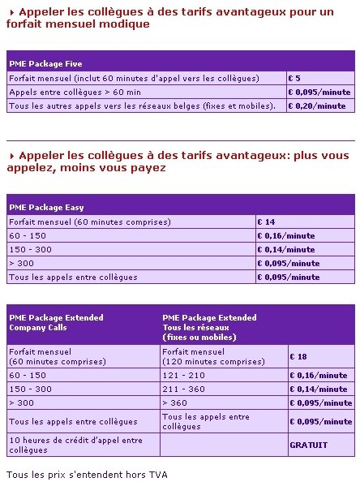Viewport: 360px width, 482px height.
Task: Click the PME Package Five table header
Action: pyautogui.click(x=45, y=63)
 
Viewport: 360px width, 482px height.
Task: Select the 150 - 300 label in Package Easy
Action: pyautogui.click(x=30, y=250)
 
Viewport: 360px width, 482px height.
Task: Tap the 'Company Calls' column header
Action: pyautogui.click(x=56, y=322)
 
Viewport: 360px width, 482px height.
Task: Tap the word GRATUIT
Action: pyautogui.click(x=309, y=445)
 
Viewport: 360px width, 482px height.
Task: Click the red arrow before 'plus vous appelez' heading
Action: pyautogui.click(x=12, y=155)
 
